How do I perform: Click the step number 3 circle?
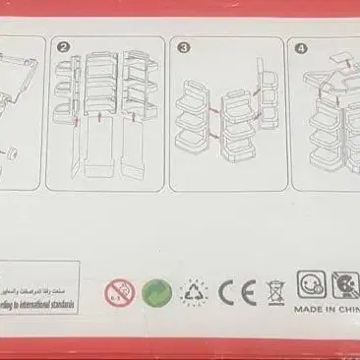pos(182,46)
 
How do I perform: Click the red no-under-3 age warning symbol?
pos(119,292)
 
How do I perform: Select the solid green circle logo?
pos(155,292)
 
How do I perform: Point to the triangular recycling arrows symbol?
pos(194,292)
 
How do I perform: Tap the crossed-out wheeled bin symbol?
pos(277,292)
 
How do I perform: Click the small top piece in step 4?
pos(339,61)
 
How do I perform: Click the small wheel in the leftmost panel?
pos(14,154)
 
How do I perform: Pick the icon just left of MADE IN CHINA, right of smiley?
pos(343,286)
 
